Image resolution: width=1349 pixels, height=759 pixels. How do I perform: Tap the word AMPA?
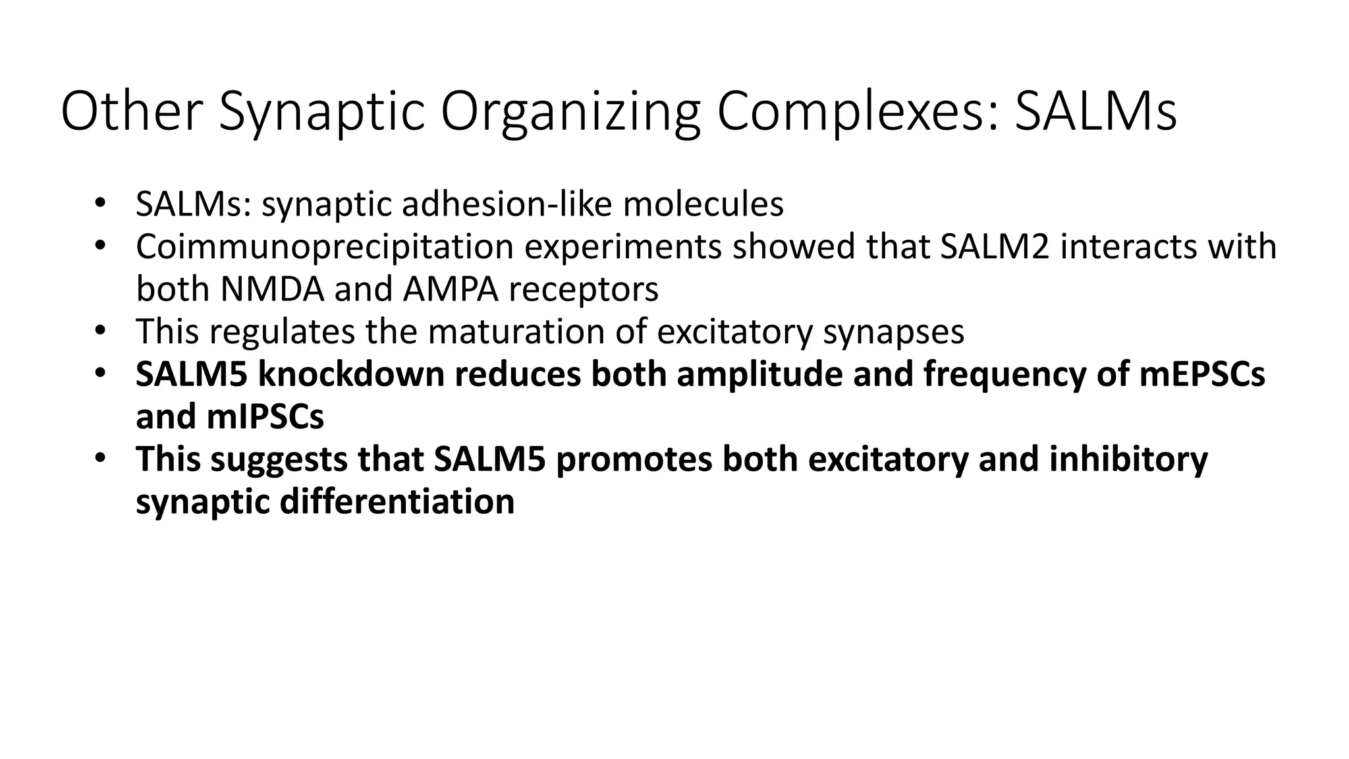click(451, 289)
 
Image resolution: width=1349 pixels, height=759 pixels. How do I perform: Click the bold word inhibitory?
click(1128, 459)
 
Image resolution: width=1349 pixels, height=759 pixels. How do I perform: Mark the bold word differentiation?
click(397, 501)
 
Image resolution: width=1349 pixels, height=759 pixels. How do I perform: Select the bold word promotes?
click(634, 459)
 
